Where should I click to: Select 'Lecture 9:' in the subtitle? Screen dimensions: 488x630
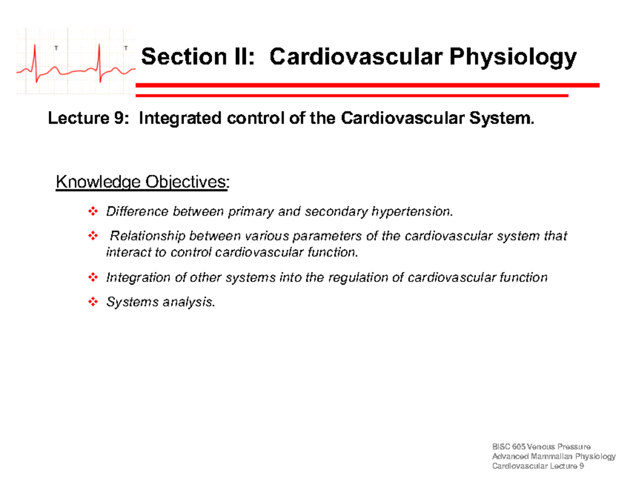[87, 120]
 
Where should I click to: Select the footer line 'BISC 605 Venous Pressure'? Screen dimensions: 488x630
[541, 447]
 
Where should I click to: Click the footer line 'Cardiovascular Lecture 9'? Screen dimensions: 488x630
[538, 467]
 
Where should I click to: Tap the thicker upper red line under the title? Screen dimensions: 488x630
[367, 85]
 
